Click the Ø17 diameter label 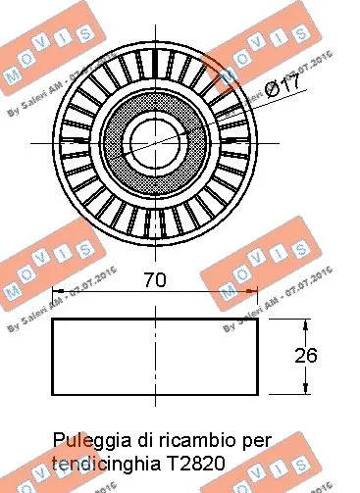coord(282,87)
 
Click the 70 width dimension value coord(154,279)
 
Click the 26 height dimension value coord(306,355)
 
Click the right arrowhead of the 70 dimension coord(255,291)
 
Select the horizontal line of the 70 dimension coord(108,291)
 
